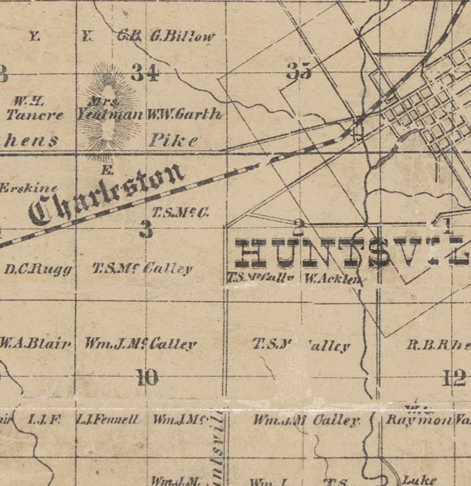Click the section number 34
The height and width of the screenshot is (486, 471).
[x=145, y=73]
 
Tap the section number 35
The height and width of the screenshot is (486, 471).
[x=299, y=72]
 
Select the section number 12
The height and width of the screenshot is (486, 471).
[x=454, y=379]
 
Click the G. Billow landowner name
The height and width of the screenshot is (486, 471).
[x=182, y=37]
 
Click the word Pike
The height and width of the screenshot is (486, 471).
[x=173, y=140]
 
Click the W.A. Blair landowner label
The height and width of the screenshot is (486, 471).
[x=36, y=344]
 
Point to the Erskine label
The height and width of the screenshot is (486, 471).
[x=28, y=188]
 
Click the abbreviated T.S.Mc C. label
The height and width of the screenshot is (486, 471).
[x=181, y=213]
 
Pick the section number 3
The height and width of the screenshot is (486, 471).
[x=146, y=230]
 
